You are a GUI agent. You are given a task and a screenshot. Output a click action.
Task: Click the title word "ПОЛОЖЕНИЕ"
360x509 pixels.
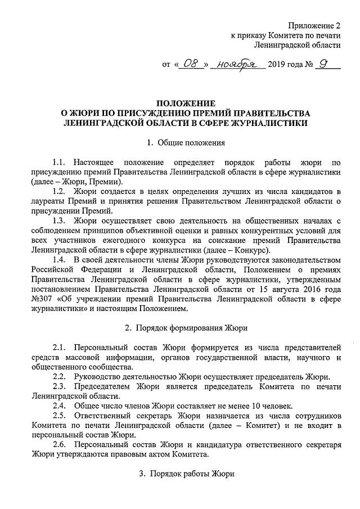point(185,103)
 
